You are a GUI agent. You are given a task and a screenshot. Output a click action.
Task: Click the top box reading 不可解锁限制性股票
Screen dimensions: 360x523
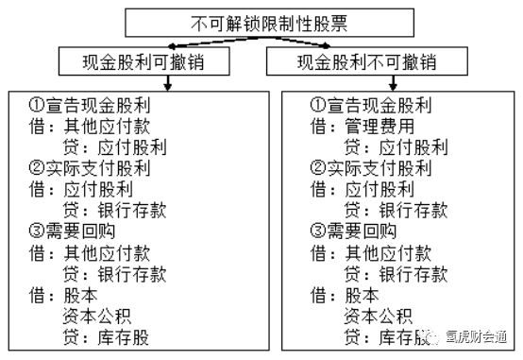[x=261, y=21]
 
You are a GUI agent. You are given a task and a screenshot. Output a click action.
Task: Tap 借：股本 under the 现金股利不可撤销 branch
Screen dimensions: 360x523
[x=338, y=295]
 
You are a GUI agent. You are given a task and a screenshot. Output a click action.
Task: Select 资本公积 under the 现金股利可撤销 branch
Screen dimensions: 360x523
[x=101, y=316]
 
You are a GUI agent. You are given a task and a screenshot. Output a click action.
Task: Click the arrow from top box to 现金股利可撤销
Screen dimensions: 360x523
[x=189, y=42]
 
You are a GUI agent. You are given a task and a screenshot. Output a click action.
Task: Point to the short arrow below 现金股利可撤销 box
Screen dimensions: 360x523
[x=167, y=83]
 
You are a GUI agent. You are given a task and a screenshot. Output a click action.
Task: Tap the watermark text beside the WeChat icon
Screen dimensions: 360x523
[x=481, y=337]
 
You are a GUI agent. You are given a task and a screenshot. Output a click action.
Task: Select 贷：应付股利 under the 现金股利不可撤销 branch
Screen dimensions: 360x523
[x=396, y=147]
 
